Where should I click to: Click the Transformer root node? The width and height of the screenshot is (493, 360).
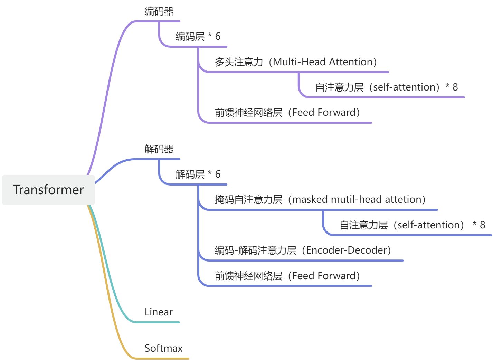48,190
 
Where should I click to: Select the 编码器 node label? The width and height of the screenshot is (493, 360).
159,11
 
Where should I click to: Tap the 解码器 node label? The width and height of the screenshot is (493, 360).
159,149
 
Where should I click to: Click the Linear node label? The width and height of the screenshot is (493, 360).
159,312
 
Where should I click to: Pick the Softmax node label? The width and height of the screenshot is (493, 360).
163,348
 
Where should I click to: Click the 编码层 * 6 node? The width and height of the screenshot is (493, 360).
198,36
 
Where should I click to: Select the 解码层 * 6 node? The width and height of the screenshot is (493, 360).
198,174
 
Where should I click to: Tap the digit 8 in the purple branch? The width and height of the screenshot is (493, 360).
455,87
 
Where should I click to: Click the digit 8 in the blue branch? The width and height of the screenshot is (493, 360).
483,225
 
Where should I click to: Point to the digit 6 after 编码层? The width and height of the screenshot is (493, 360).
218,36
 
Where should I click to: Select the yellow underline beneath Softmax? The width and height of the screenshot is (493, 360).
162,359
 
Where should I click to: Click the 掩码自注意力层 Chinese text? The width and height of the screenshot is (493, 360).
248,199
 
